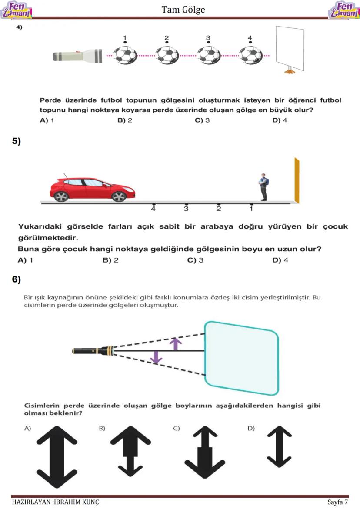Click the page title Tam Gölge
tap(183, 10)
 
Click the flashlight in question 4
tap(78, 56)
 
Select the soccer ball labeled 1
tap(125, 55)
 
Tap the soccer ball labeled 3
tap(208, 55)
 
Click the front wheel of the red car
tap(119, 196)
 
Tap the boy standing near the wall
tap(263, 187)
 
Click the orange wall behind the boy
tap(297, 180)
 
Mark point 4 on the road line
tap(153, 203)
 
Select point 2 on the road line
tap(219, 203)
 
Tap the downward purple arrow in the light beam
tap(156, 357)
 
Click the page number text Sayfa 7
tap(338, 502)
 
